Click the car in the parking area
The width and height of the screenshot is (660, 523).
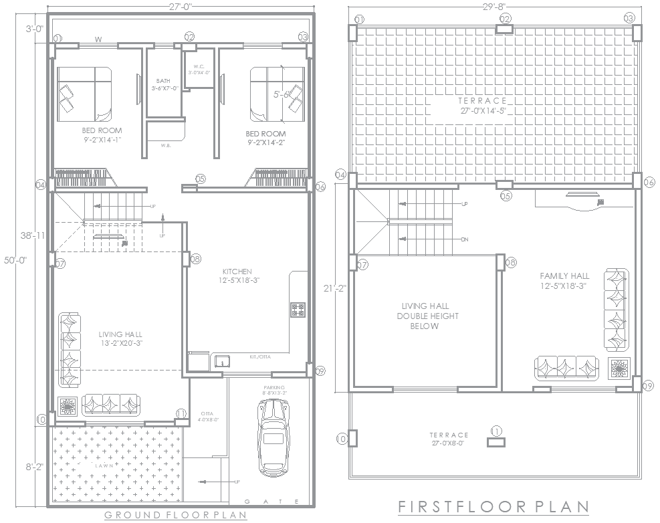[272, 437]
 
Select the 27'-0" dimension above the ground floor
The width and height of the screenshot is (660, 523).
[180, 6]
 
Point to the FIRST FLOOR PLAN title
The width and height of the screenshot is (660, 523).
[493, 507]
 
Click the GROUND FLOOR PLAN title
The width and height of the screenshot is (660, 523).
[176, 515]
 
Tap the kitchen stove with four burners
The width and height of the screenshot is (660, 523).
[298, 310]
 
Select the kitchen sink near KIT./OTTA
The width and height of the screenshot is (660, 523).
[221, 362]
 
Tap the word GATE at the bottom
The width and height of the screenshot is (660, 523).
[272, 502]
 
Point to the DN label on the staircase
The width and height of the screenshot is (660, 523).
[463, 239]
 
